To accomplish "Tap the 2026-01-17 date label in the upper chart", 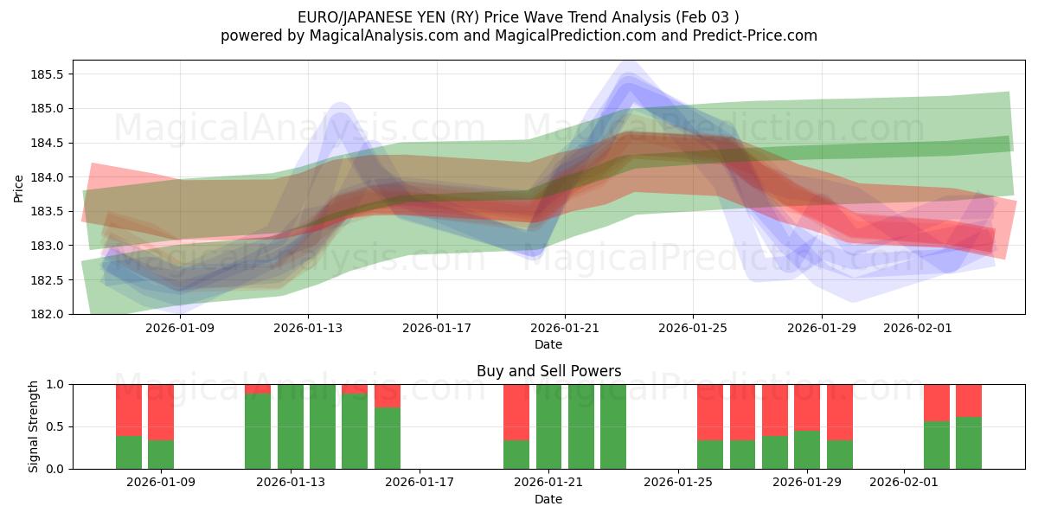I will pos(436,328).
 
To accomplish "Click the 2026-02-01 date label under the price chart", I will pos(918,328).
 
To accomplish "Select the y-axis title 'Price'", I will pos(19,187).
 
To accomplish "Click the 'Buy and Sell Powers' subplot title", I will pos(548,371).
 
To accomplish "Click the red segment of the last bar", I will pos(969,400).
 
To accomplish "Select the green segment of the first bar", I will pos(129,452).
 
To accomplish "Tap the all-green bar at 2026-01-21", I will pos(549,426).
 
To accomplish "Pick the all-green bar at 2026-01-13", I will pos(291,426).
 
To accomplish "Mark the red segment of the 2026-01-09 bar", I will pos(161,411).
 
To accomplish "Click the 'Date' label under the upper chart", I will pos(548,344).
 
